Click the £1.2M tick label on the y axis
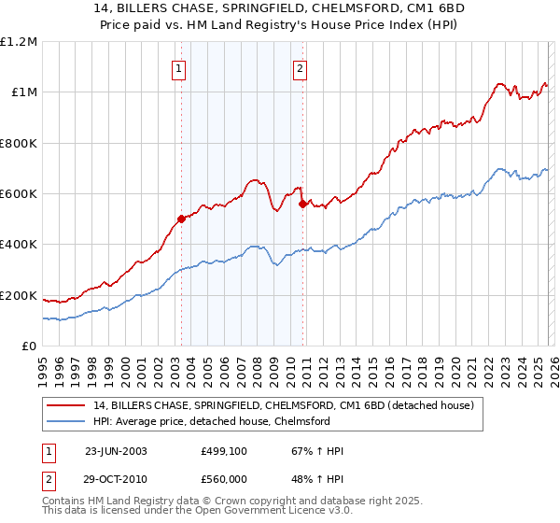19,41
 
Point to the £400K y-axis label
19,245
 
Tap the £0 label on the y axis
30,346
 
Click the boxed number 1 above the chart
178,67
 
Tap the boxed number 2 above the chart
300,67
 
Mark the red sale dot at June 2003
181,219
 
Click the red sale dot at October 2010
301,204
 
